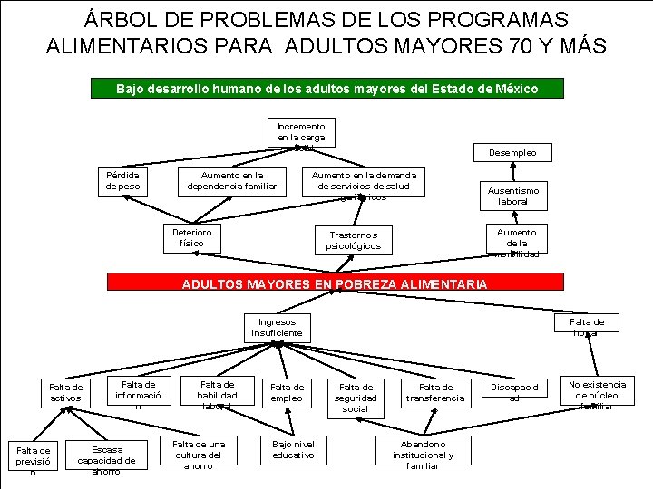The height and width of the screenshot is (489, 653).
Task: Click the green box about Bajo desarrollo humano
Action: [x=327, y=89]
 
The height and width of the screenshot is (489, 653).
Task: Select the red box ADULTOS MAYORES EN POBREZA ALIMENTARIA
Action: [x=335, y=283]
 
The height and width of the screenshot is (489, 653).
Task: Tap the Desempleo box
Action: [x=512, y=153]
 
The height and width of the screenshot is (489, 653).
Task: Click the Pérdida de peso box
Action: [x=122, y=180]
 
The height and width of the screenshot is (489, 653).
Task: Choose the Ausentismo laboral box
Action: [x=512, y=197]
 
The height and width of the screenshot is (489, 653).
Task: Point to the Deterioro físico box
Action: [x=191, y=238]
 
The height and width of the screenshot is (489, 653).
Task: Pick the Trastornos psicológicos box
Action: [x=354, y=240]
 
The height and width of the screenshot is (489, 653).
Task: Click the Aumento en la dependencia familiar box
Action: [x=231, y=180]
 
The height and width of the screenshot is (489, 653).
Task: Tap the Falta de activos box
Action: [x=65, y=393]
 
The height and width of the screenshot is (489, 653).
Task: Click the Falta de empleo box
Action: [x=288, y=393]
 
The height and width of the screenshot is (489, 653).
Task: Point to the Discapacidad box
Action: [x=514, y=392]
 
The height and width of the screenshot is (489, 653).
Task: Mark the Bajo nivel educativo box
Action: [x=293, y=450]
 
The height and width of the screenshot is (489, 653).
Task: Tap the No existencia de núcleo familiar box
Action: [x=596, y=395]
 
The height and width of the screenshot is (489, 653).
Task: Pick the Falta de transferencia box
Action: [x=435, y=393]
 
